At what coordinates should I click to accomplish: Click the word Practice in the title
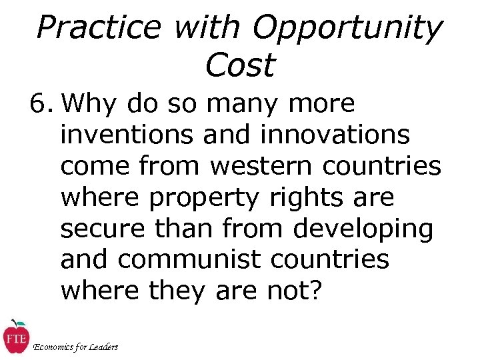pos(99,28)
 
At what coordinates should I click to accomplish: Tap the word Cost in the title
pos(240,65)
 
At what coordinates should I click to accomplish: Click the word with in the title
pos(206,28)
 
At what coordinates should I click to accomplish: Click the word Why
pos(96,104)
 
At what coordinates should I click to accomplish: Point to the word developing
pos(363,229)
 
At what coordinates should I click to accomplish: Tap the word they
pos(177,291)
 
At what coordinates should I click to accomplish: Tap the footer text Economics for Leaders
pos(75,347)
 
